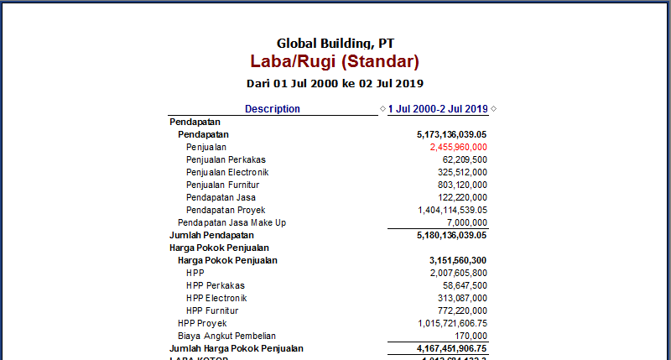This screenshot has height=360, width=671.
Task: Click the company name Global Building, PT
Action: pos(335,43)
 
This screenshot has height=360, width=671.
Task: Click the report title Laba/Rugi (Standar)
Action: pos(335,61)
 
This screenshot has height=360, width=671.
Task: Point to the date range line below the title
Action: pos(335,83)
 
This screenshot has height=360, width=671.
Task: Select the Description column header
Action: pos(273,109)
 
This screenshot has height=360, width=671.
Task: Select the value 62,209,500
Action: pos(465,159)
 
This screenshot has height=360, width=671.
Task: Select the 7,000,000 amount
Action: pos(467,222)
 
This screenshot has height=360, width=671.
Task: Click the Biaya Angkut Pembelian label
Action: pos(226,336)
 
